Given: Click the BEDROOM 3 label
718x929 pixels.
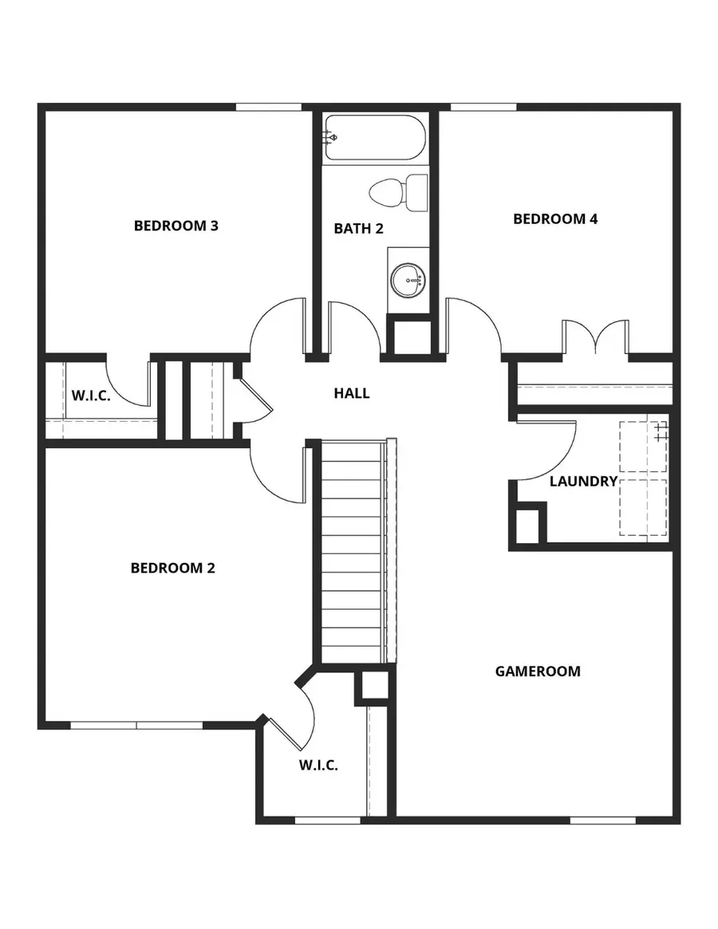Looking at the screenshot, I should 176,226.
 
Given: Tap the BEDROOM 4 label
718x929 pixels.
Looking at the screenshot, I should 555,219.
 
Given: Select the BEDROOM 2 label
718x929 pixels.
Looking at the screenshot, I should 173,569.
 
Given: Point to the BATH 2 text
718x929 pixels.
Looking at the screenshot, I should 358,229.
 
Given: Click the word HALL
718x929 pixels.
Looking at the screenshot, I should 352,393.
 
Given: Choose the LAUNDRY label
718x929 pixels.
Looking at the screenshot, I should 583,482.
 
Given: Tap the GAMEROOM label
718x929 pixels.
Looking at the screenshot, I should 538,671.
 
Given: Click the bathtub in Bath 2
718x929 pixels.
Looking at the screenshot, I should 376,139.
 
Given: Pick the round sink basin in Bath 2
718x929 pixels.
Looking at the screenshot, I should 408,280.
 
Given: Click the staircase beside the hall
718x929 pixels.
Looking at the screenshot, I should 352,550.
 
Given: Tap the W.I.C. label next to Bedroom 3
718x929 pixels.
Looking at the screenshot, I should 91,396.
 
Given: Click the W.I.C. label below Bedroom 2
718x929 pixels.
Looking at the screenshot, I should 318,766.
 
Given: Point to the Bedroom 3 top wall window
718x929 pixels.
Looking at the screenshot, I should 269,107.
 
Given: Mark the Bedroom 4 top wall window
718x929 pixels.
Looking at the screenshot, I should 483,107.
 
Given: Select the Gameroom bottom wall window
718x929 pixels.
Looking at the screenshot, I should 603,820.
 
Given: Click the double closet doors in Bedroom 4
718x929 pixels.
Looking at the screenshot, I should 595,337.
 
